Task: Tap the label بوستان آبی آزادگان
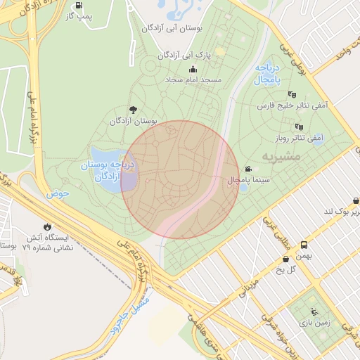pyautogui.click(x=172, y=29)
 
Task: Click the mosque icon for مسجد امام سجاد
pyautogui.click(x=193, y=69)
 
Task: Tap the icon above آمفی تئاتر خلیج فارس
pyautogui.click(x=292, y=94)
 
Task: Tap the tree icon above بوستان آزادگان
pyautogui.click(x=133, y=110)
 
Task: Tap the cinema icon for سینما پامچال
pyautogui.click(x=248, y=169)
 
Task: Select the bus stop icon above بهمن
pyautogui.click(x=304, y=245)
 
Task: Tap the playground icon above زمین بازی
pyautogui.click(x=313, y=311)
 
